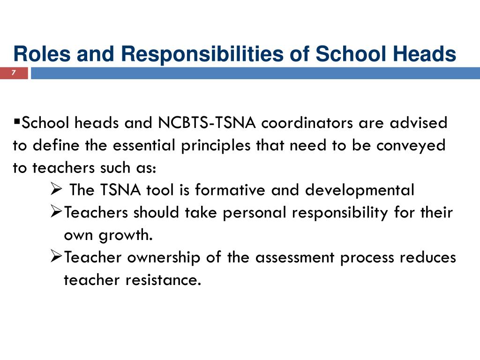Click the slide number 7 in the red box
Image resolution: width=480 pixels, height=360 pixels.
14,73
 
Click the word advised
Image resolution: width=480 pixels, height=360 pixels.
419,123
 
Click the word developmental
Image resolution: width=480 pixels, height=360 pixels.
360,190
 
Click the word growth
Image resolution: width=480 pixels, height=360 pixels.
126,235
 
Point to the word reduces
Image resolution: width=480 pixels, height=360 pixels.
428,258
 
